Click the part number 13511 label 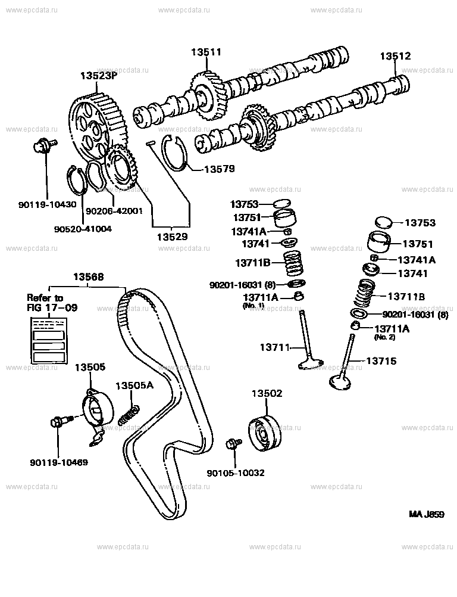coord(206,52)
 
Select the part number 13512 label coord(396,56)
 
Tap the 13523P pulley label coord(98,76)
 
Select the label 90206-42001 coord(114,210)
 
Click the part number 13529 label coord(172,237)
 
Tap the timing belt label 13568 coord(89,276)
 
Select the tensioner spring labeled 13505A coord(129,413)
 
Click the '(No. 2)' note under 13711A coord(384,337)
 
